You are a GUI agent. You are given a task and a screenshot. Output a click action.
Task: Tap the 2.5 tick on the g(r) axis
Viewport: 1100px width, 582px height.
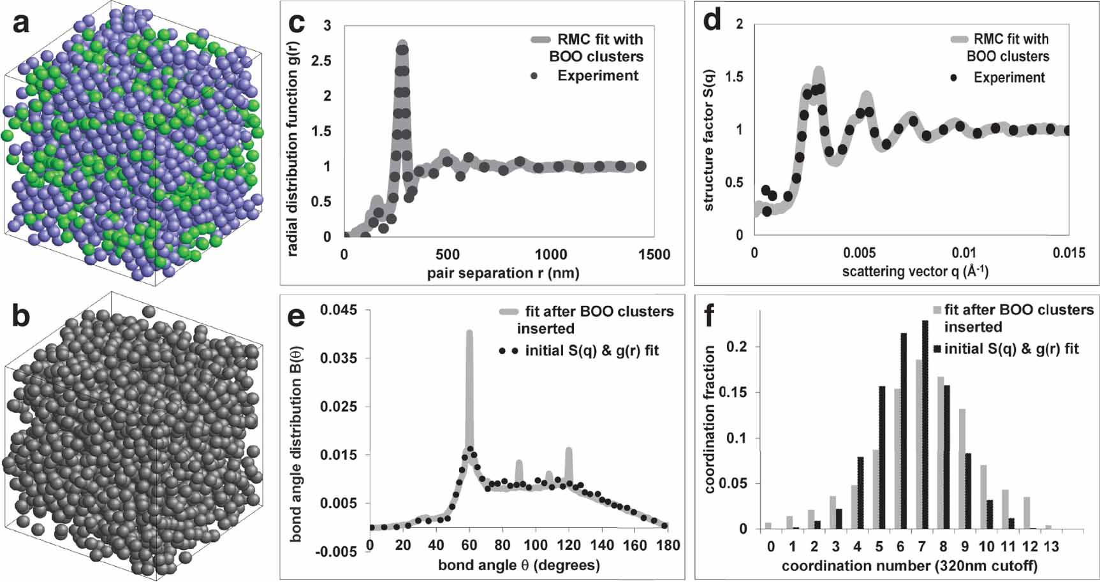(323, 61)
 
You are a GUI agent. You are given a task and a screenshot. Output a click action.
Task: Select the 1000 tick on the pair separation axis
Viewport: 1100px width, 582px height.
(550, 255)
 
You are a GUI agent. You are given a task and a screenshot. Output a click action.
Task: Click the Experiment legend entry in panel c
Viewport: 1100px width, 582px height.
(598, 76)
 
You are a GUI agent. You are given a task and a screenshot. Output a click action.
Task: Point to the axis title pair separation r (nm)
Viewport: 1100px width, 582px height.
(503, 274)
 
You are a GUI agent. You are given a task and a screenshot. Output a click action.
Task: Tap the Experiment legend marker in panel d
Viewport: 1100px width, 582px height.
(954, 78)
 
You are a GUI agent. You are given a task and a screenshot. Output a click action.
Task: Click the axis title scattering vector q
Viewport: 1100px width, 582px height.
(914, 272)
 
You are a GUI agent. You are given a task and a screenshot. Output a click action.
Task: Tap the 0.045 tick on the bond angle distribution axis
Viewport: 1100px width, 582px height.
(338, 310)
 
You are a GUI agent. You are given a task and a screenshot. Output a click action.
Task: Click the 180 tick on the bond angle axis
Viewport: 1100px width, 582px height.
(668, 546)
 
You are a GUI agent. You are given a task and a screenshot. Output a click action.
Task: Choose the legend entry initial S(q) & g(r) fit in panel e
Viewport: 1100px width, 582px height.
(591, 351)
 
